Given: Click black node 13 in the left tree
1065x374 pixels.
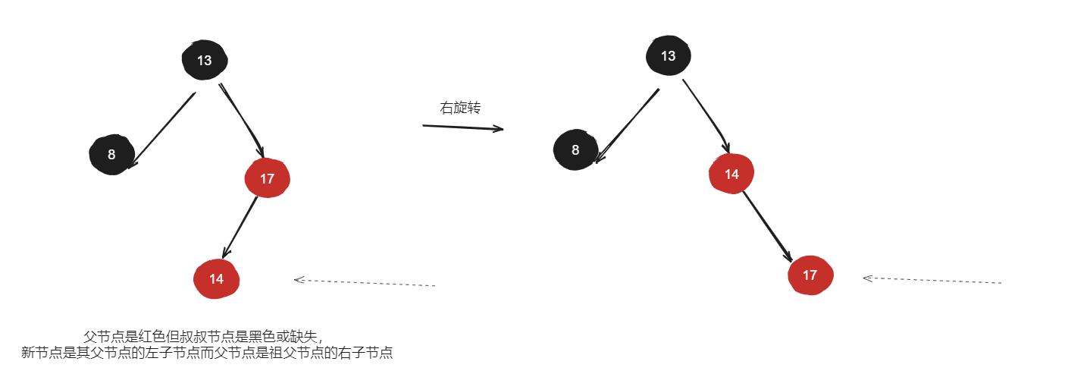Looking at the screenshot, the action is coord(205,60).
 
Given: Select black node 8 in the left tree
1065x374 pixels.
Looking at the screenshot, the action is coord(111,155).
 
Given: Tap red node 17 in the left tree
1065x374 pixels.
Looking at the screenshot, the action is coord(268,178).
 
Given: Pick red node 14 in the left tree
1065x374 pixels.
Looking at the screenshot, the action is coord(216,279).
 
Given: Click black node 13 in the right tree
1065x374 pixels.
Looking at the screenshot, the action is coord(669,55).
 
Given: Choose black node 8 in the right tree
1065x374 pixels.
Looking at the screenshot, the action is coord(576,150).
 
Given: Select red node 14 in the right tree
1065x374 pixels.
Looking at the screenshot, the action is coord(731,174).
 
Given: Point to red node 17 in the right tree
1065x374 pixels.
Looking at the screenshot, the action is coord(810,275).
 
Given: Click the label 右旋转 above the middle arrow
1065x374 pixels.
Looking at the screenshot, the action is coord(460,108).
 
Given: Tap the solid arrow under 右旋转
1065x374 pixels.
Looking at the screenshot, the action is coord(462,127).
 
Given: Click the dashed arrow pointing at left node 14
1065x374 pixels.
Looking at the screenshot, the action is coord(365,282).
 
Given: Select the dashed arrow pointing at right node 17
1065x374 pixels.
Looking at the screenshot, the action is coord(932,280).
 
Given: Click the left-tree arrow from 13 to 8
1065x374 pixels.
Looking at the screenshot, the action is coord(162,130).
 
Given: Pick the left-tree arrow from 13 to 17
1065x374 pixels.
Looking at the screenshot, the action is coord(242,121).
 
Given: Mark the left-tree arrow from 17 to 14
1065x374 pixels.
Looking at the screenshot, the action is coord(240,228).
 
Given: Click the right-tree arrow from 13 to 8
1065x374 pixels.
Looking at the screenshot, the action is coord(628,126).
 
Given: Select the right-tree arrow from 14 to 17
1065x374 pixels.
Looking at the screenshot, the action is coord(767,227).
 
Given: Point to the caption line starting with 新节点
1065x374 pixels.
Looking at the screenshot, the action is coord(207,353).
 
